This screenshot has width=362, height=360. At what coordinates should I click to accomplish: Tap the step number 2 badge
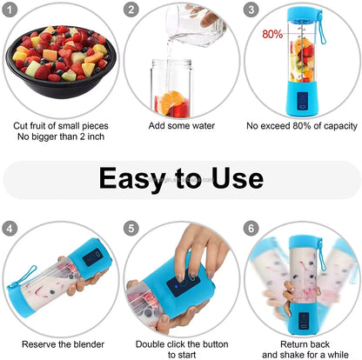tap(131, 10)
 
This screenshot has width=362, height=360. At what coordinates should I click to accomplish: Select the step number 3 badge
tap(251, 10)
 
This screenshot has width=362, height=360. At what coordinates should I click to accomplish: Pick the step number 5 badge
tap(131, 229)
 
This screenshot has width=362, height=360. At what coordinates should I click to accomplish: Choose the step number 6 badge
tap(251, 229)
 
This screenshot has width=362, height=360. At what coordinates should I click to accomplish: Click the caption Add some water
tap(180, 125)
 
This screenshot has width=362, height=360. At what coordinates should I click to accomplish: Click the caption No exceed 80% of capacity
tap(301, 125)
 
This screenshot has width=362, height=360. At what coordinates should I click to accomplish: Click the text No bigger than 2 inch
tap(60, 137)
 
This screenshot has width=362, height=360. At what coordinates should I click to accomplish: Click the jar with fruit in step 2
tap(173, 90)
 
